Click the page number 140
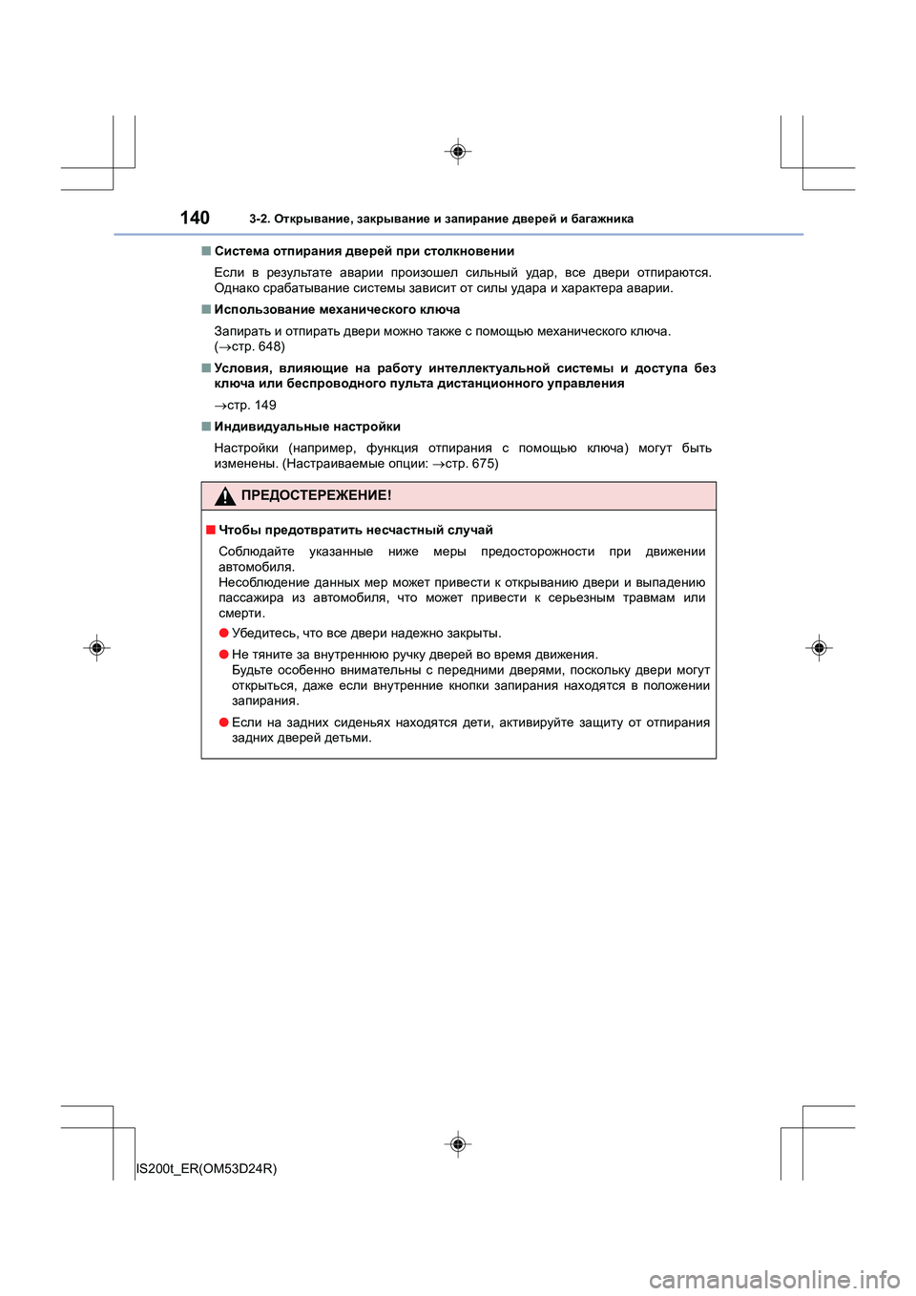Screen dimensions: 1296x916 tap(195, 218)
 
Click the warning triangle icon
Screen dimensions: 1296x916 tap(225, 496)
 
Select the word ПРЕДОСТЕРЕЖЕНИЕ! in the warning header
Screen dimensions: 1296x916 tap(316, 495)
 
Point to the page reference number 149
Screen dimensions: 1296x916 tap(265, 405)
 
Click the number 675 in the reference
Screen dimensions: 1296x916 tap(483, 463)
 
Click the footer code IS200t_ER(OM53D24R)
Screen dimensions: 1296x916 tap(207, 1168)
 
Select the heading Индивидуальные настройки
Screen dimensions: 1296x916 tap(307, 427)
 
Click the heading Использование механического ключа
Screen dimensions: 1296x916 tap(337, 309)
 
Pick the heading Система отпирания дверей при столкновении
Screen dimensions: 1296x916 tap(364, 251)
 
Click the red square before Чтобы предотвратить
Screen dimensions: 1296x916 tap(210, 530)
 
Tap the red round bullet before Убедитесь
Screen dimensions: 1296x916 tap(223, 633)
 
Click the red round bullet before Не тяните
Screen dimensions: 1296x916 tap(223, 654)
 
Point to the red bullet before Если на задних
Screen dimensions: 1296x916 tap(223, 722)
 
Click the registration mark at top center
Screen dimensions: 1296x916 tap(458, 152)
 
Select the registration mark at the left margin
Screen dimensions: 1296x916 tap(96, 648)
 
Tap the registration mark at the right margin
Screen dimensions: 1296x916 tap(819, 648)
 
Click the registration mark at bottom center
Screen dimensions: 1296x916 tap(458, 1143)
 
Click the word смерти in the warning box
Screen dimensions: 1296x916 tap(240, 613)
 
